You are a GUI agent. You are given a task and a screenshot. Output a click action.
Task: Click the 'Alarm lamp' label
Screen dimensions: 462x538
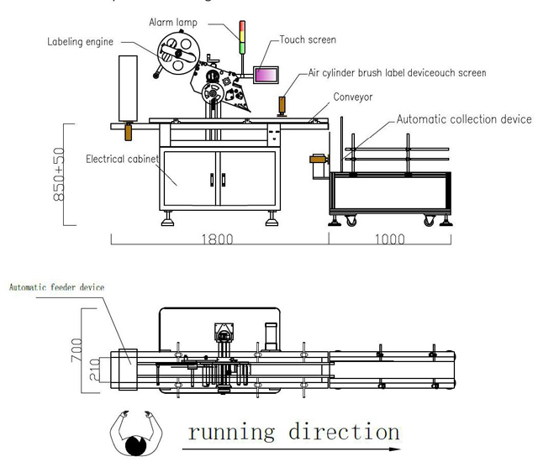click(x=173, y=23)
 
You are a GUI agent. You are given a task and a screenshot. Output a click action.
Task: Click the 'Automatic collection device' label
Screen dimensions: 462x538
click(x=463, y=119)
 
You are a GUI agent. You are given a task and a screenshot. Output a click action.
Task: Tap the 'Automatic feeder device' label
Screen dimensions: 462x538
click(x=57, y=287)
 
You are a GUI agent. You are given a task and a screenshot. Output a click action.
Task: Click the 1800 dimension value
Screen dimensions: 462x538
click(x=218, y=239)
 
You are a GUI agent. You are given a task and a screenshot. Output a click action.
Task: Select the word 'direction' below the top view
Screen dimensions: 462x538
click(x=343, y=433)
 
